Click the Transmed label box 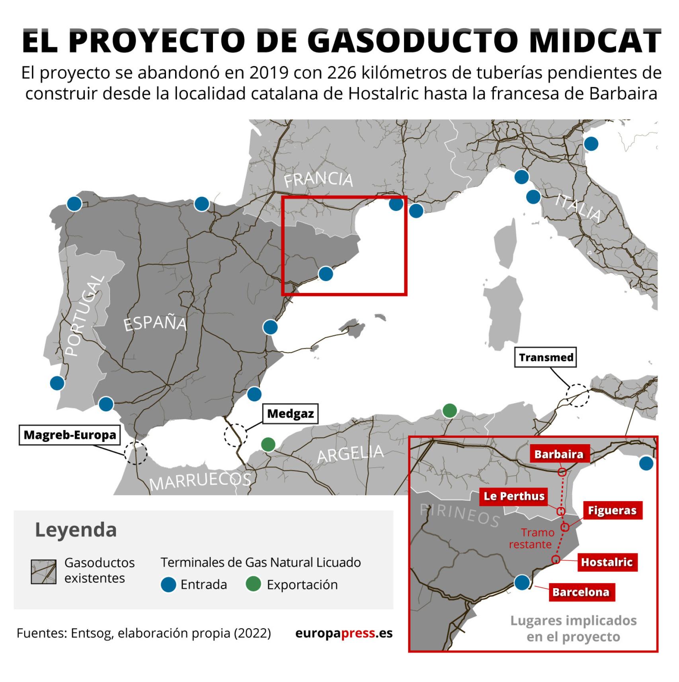coord(546,358)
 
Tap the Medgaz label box coord(290,414)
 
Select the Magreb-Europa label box coord(70,435)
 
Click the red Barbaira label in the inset coord(558,454)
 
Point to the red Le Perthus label coord(514,496)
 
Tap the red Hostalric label coord(607,562)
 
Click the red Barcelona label coord(581,592)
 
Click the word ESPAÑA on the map coord(155,323)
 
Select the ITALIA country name coord(578,207)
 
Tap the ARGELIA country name coord(350,454)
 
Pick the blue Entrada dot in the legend coord(168,585)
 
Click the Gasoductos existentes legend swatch coord(44,572)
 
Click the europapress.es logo coord(344,633)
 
